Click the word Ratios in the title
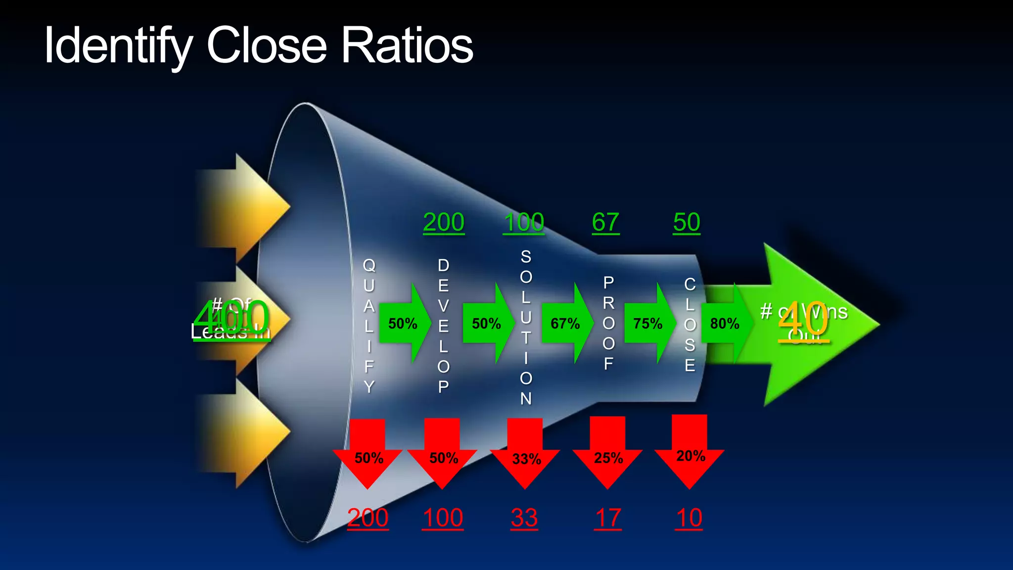pos(407,46)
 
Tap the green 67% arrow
pos(567,324)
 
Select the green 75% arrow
pos(649,324)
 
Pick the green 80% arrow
pos(726,324)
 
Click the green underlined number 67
pos(605,222)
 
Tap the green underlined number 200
pos(444,222)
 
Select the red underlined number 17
pos(608,518)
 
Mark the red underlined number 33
pos(524,518)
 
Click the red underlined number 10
pos(689,518)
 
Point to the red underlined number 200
pos(368,518)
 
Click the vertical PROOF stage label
pos(608,323)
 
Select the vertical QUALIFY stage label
pos(369,325)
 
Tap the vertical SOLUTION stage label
pos(526,327)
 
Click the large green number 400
pos(231,318)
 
